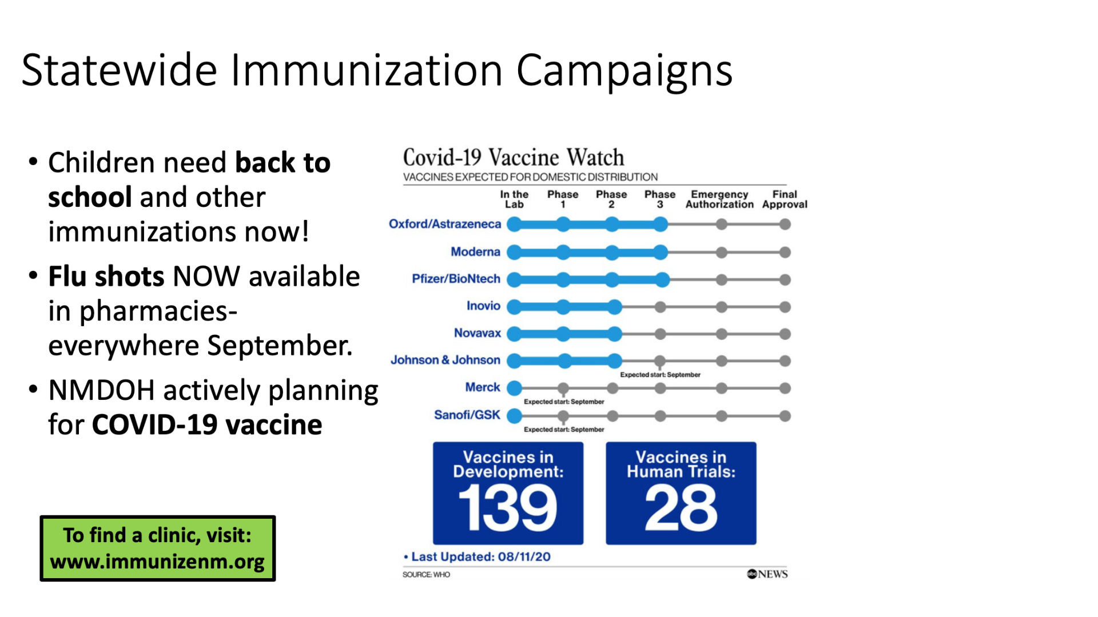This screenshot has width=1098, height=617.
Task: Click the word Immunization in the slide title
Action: pyautogui.click(x=367, y=71)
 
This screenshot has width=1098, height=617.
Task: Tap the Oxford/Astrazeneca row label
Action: pyautogui.click(x=445, y=224)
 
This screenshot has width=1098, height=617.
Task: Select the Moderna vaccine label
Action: pyautogui.click(x=475, y=251)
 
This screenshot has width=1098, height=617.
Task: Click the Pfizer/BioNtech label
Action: pyautogui.click(x=456, y=279)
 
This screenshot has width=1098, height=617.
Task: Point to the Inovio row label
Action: pyautogui.click(x=483, y=306)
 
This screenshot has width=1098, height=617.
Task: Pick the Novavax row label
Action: pyautogui.click(x=478, y=333)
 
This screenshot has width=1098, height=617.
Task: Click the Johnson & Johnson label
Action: pyautogui.click(x=445, y=360)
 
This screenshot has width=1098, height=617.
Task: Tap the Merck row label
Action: pyautogui.click(x=483, y=387)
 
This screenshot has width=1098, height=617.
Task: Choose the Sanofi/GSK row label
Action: pyautogui.click(x=467, y=415)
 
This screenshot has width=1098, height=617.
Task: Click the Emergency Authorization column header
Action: pyautogui.click(x=719, y=199)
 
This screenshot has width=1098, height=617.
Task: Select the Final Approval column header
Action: pyautogui.click(x=785, y=199)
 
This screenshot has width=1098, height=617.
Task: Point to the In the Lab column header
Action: pyautogui.click(x=514, y=199)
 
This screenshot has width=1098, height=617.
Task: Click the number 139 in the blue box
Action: pyautogui.click(x=508, y=507)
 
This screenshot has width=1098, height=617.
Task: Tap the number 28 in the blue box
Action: pyautogui.click(x=681, y=507)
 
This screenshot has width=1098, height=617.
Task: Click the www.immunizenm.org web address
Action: pyautogui.click(x=157, y=562)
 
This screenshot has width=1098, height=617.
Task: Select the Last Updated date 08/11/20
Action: pyautogui.click(x=524, y=556)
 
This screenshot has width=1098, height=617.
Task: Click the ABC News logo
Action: pyautogui.click(x=767, y=574)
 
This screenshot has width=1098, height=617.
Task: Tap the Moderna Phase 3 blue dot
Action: pyautogui.click(x=661, y=252)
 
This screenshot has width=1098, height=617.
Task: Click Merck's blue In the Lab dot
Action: pyautogui.click(x=515, y=388)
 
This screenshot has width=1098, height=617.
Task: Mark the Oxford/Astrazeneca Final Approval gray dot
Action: pyautogui.click(x=785, y=225)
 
